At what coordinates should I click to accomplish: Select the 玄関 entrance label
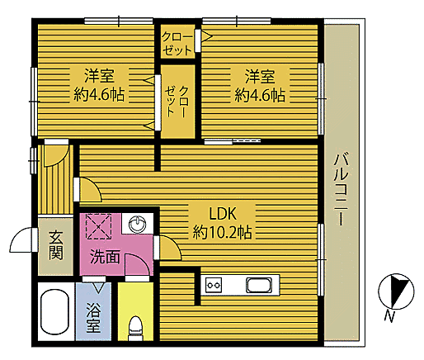(x=55, y=245)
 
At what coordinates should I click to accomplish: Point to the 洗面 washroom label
(x=106, y=257)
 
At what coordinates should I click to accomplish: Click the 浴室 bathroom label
(x=93, y=318)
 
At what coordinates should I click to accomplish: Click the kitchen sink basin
(x=258, y=286)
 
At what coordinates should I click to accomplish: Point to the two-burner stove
(x=213, y=286)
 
